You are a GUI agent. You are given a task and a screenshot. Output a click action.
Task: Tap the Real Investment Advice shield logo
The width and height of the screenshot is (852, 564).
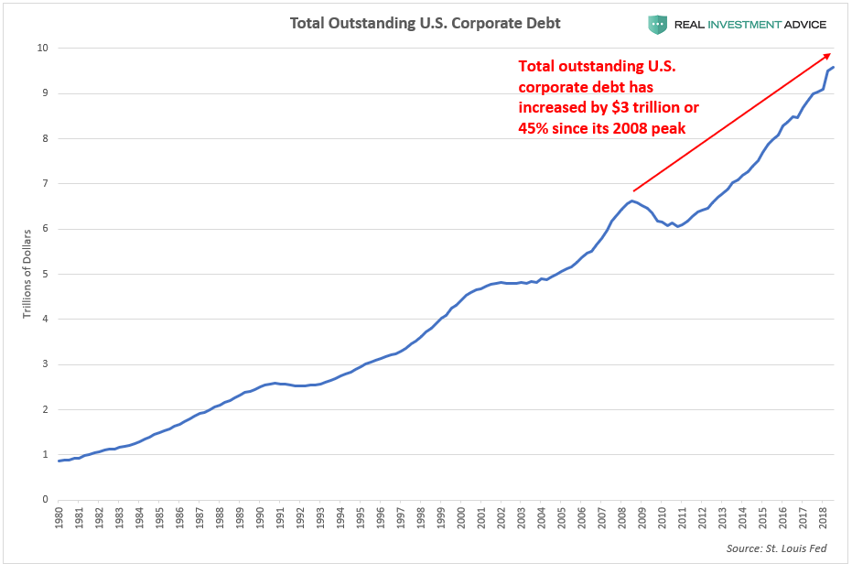(x=657, y=25)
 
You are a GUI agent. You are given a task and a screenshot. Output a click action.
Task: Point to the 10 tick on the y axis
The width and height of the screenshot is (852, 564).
(x=41, y=48)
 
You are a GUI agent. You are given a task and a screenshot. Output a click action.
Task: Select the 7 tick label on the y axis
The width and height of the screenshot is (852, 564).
(x=44, y=183)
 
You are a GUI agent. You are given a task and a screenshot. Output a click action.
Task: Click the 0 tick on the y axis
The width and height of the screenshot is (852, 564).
(x=44, y=500)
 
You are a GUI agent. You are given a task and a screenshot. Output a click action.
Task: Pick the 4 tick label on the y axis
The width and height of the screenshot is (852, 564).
(x=44, y=319)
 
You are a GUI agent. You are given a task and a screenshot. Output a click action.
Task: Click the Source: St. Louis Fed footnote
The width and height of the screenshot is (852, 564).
(x=778, y=548)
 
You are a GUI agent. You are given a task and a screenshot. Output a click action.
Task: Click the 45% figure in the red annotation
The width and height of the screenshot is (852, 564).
(x=533, y=127)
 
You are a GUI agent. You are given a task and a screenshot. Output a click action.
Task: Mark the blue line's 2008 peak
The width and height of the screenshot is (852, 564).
(x=631, y=201)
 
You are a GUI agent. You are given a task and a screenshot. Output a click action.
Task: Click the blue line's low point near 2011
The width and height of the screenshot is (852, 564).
(x=677, y=226)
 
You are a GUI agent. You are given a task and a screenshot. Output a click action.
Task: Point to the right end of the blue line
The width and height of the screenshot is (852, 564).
(x=834, y=67)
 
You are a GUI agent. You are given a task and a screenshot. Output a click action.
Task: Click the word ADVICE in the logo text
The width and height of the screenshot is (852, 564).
(x=798, y=25)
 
